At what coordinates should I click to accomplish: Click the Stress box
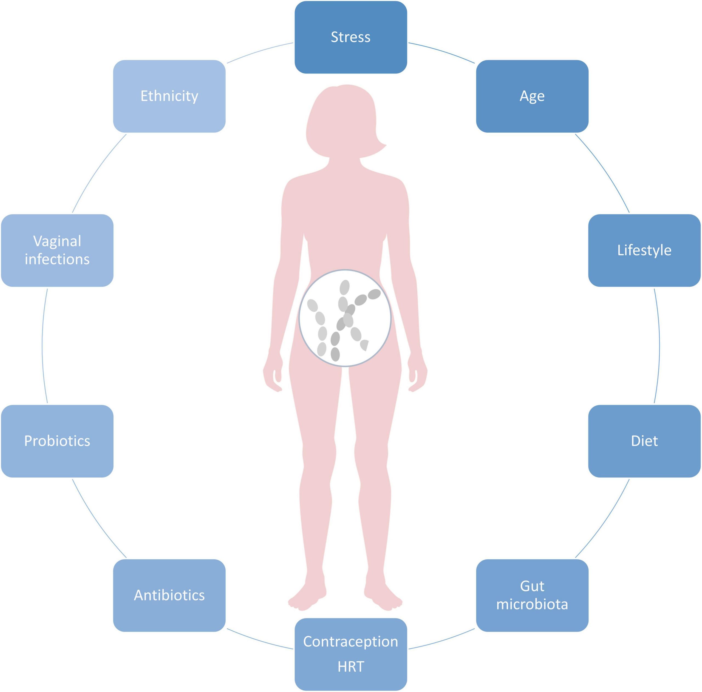pyautogui.click(x=351, y=37)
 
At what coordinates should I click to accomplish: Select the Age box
pyautogui.click(x=532, y=96)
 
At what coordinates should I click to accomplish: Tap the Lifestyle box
pyautogui.click(x=644, y=250)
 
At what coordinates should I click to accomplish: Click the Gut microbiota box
pyautogui.click(x=532, y=596)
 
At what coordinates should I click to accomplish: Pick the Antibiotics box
pyautogui.click(x=169, y=596)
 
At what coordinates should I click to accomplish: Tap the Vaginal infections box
pyautogui.click(x=57, y=250)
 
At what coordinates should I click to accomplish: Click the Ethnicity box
pyautogui.click(x=169, y=96)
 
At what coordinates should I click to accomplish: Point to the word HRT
pyautogui.click(x=351, y=667)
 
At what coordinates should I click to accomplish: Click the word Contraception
pyautogui.click(x=351, y=642)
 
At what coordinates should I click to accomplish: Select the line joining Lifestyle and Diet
pyautogui.click(x=659, y=346)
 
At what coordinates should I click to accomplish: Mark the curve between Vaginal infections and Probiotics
pyautogui.click(x=42, y=346)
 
